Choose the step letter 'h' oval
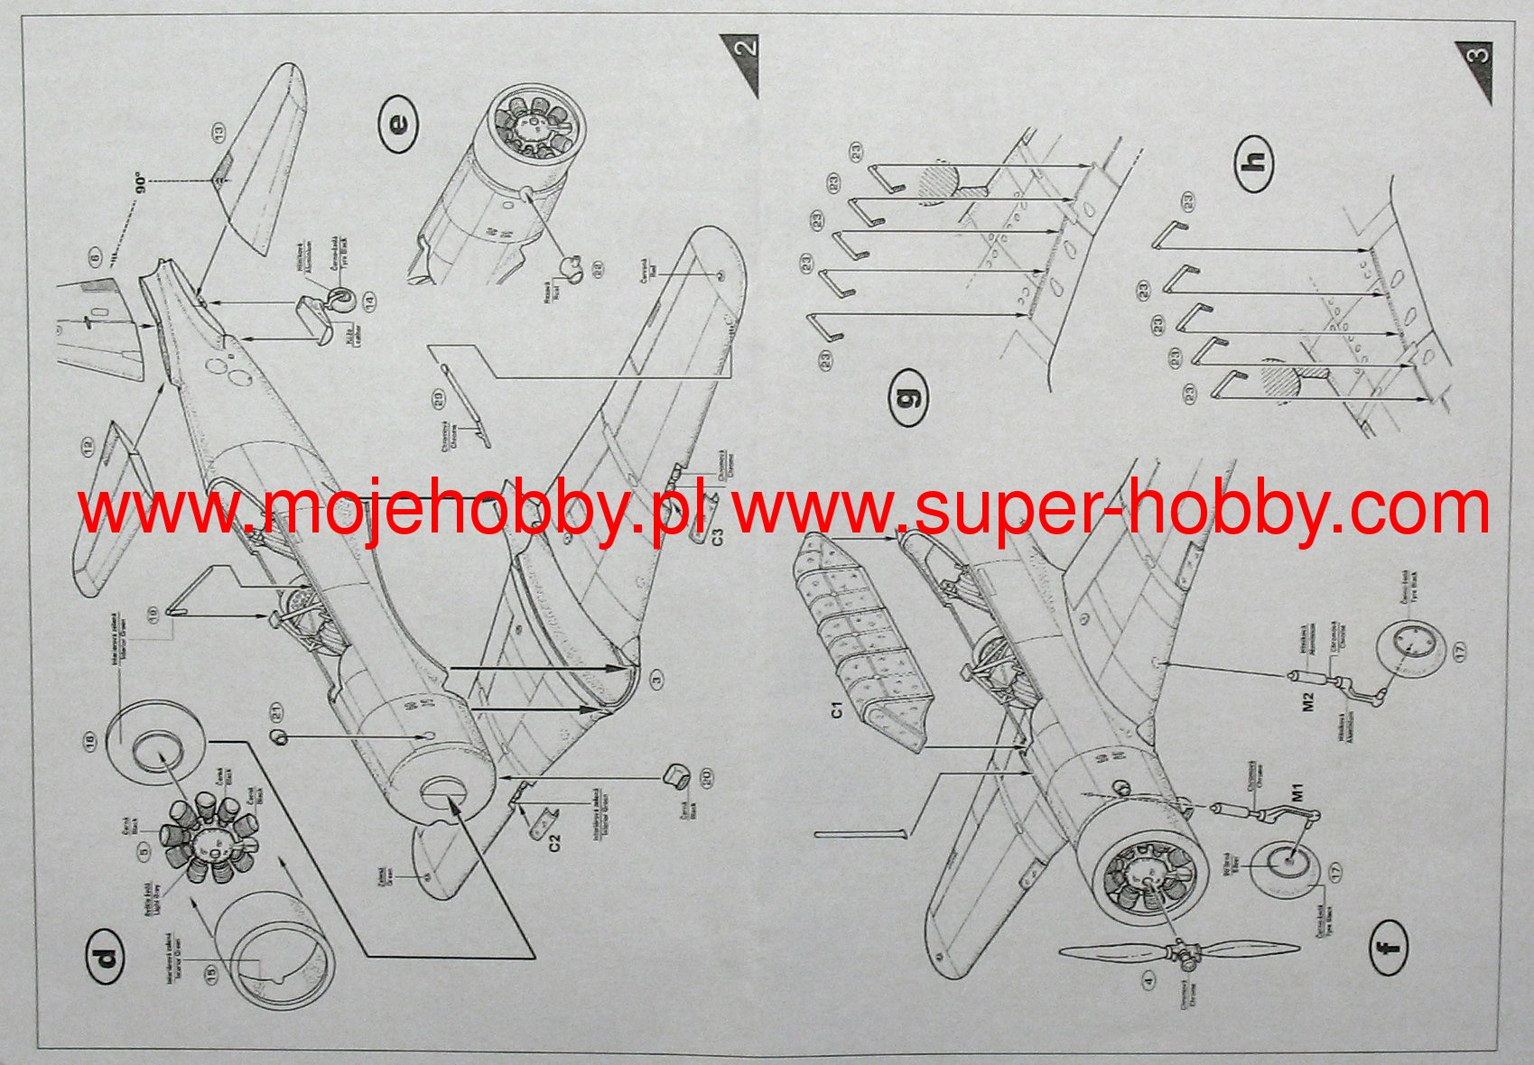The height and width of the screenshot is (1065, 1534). pos(1255,162)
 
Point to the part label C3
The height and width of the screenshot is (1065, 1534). pos(717,536)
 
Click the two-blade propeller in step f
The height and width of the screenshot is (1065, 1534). pos(1179,951)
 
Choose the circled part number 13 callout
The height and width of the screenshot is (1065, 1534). pos(218,134)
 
